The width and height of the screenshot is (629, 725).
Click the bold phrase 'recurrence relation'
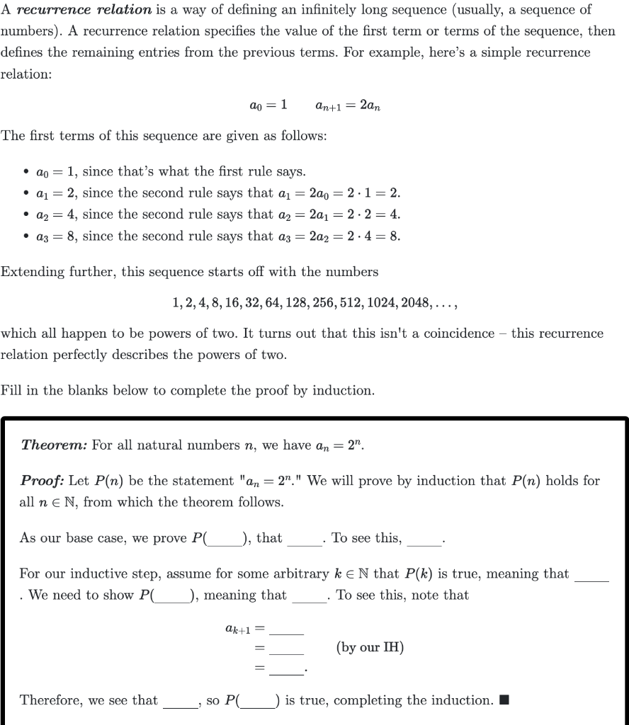[x=84, y=11]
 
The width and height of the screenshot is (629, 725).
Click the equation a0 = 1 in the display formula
[x=267, y=105]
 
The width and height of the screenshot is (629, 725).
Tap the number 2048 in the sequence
[x=416, y=302]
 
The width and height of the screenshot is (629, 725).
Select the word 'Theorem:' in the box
[x=54, y=445]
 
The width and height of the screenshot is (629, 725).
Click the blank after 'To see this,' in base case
[x=424, y=540]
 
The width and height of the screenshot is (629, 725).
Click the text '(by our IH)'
[x=370, y=647]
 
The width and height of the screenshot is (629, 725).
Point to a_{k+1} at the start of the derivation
[x=235, y=628]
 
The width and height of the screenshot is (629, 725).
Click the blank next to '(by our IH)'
[x=286, y=649]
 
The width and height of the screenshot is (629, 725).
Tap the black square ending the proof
[x=504, y=701]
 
